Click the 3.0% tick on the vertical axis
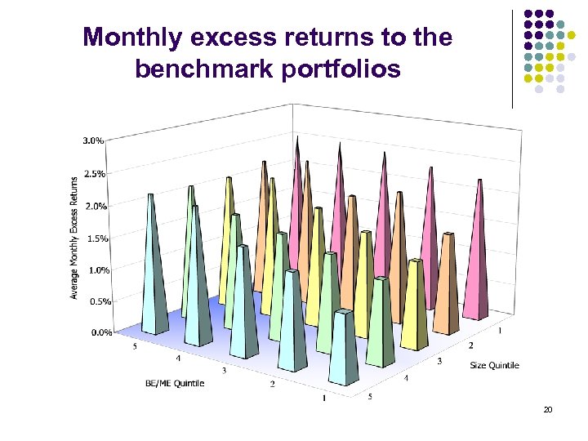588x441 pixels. pyautogui.click(x=93, y=140)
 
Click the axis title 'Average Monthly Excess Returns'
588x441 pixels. pyautogui.click(x=74, y=238)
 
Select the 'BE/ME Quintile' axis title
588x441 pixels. pyautogui.click(x=175, y=382)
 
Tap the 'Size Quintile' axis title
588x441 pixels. pyautogui.click(x=494, y=365)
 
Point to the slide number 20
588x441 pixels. pyautogui.click(x=547, y=409)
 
